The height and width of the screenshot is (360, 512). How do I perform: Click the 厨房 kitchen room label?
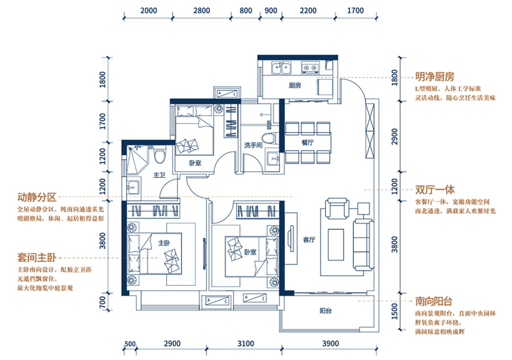[x=295, y=85]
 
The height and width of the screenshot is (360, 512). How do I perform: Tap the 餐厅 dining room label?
[x=307, y=142]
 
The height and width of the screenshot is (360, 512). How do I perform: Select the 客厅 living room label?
[x=309, y=240]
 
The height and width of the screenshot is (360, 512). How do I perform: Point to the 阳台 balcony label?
[x=325, y=311]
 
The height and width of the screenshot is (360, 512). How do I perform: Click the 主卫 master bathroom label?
[x=159, y=175]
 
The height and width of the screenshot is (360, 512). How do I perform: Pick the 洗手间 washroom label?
[x=253, y=145]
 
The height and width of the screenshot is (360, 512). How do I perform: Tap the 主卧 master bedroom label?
[x=164, y=243]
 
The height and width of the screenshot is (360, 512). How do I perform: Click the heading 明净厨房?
[x=435, y=77]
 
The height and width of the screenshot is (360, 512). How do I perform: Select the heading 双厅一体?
[x=435, y=189]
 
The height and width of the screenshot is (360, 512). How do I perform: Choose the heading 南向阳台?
[x=433, y=301]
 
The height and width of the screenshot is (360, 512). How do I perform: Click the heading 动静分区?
[x=37, y=197]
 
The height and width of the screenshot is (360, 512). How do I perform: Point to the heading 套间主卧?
[x=37, y=258]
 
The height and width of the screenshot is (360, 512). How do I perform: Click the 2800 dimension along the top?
[x=201, y=10]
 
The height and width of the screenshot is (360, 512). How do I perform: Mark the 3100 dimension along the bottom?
[x=246, y=344]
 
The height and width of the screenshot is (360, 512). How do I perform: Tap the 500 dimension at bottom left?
[x=130, y=344]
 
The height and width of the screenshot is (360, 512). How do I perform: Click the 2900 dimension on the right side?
[x=395, y=136]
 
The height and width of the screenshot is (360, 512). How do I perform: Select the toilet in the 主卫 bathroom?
[x=160, y=156]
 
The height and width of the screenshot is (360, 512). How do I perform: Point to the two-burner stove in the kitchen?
[x=310, y=68]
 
